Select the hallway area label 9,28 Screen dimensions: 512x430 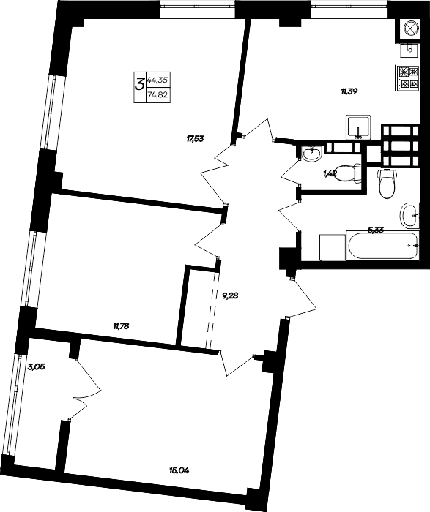(x=231, y=296)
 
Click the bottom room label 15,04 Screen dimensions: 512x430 (x=179, y=470)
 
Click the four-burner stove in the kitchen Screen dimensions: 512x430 (x=406, y=78)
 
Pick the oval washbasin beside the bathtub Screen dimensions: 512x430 (x=410, y=216)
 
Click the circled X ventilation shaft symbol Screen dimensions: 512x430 (x=408, y=29)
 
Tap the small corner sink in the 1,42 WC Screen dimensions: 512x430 (x=311, y=153)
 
